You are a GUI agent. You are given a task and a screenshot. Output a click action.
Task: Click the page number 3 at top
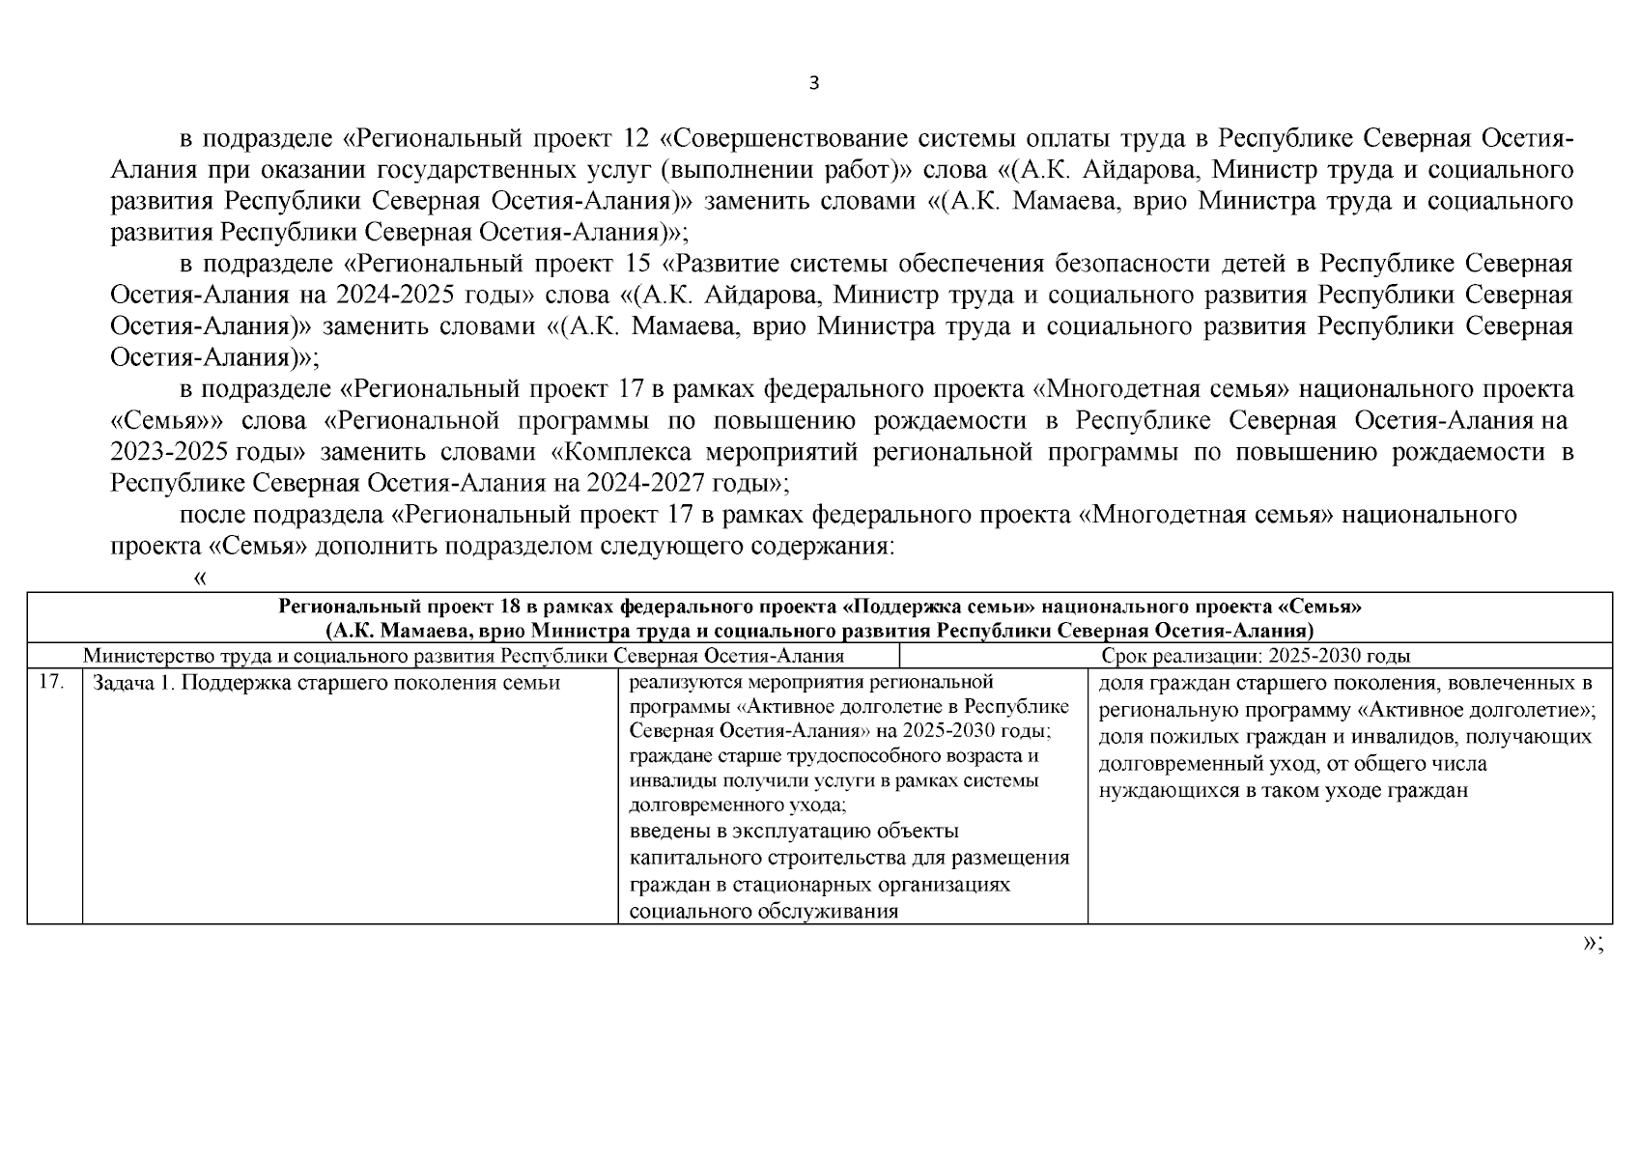pyautogui.click(x=813, y=83)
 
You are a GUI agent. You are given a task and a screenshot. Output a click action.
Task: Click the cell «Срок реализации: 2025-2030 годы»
pyautogui.click(x=1256, y=657)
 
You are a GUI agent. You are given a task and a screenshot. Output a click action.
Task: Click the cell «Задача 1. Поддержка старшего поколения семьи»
pyautogui.click(x=326, y=684)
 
